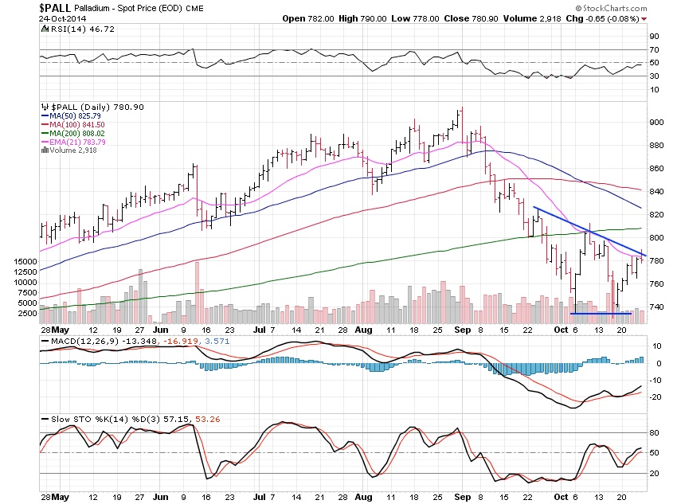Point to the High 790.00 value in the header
pos(383,8)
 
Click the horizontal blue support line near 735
pos(601,313)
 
